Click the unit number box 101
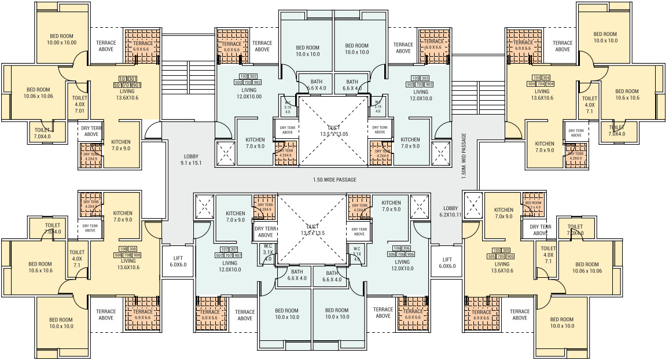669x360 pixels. [123, 79]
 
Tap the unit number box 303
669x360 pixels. [425, 78]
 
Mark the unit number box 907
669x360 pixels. [238, 255]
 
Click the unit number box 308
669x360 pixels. [133, 248]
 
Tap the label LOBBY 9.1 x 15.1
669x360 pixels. [192, 160]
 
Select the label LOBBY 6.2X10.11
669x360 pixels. [450, 211]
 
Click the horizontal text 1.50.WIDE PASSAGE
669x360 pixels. [331, 180]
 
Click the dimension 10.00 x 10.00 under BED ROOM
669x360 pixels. [62, 42]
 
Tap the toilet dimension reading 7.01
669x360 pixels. [79, 111]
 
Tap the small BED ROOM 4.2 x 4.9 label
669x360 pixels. [533, 205]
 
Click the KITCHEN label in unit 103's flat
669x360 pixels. [410, 139]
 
